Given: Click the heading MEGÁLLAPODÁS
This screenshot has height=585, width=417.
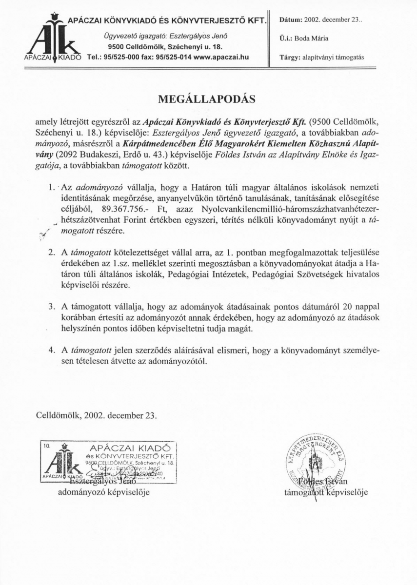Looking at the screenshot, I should (208, 98).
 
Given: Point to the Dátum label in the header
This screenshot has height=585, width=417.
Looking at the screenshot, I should (290, 19).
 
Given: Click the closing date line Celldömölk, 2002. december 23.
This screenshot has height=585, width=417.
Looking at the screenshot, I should (98, 416).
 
